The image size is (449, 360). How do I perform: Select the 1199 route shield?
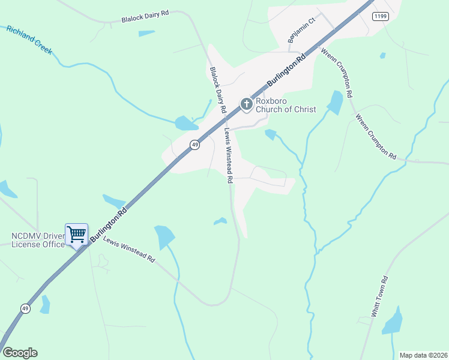[x=379, y=16]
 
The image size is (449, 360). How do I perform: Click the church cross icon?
[x=246, y=104]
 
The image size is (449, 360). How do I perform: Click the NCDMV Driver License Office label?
[x=37, y=240]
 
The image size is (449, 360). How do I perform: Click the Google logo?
[x=20, y=353]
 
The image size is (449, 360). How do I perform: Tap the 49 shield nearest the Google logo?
[x=25, y=308]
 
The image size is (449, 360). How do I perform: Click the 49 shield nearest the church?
[x=194, y=145]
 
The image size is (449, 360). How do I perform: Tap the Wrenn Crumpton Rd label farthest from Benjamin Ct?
[x=376, y=137]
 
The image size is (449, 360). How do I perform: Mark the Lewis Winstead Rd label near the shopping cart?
[x=129, y=250]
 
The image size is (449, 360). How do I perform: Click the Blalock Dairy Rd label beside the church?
[x=217, y=90]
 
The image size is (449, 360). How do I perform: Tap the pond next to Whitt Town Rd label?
[x=393, y=321]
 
